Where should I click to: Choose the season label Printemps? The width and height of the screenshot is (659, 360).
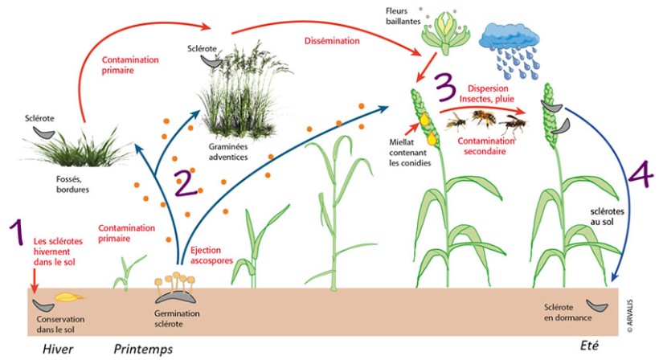click(143, 349)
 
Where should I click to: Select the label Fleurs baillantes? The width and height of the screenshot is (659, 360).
click(399, 14)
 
